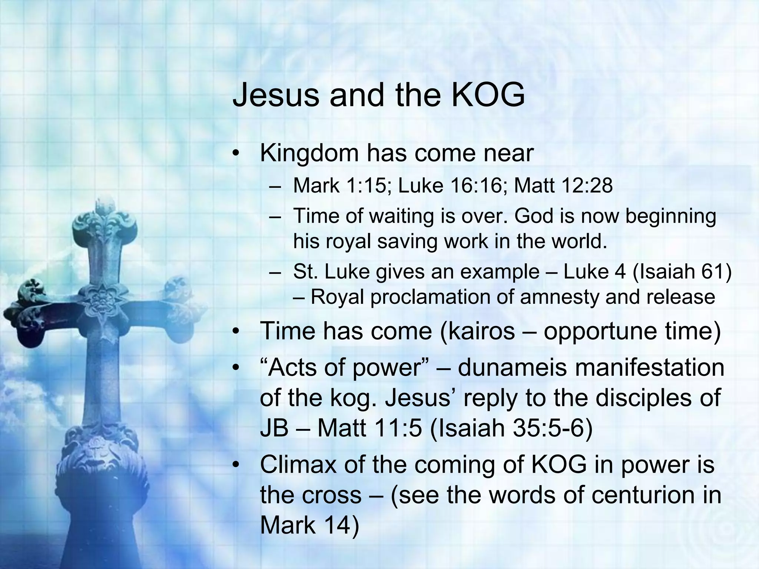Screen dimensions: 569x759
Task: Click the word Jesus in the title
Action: [275, 95]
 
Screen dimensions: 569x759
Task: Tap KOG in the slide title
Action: [488, 95]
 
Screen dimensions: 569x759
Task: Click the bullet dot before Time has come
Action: [236, 332]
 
